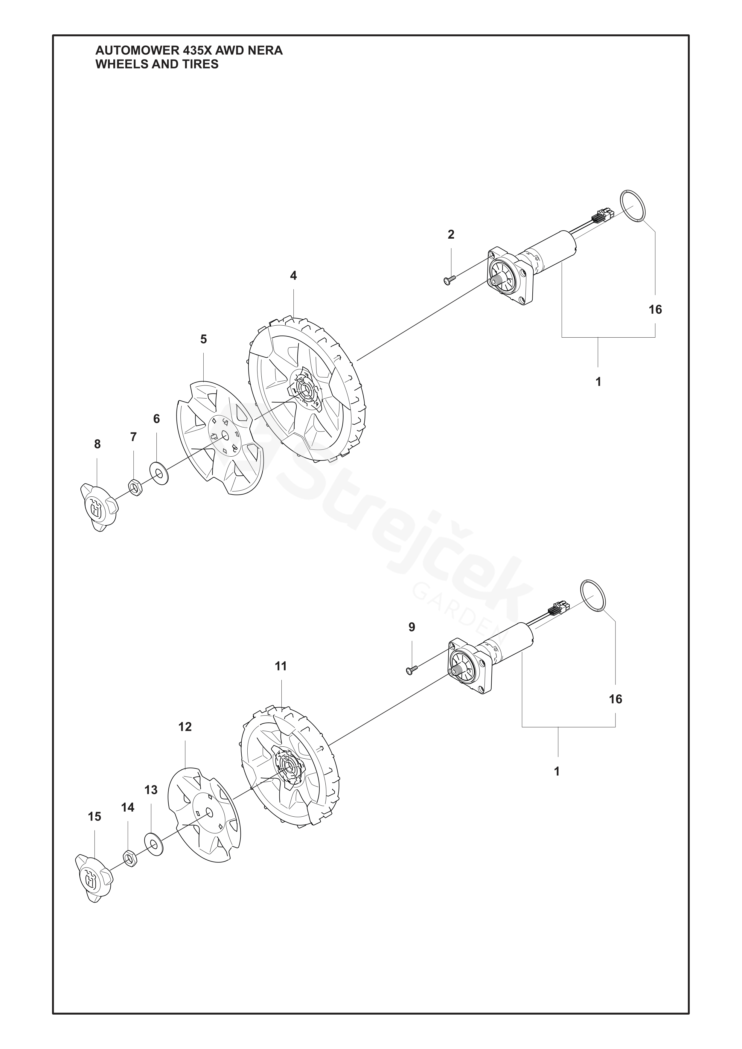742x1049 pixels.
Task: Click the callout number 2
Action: coord(451,234)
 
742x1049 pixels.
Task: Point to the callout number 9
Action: coord(412,627)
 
